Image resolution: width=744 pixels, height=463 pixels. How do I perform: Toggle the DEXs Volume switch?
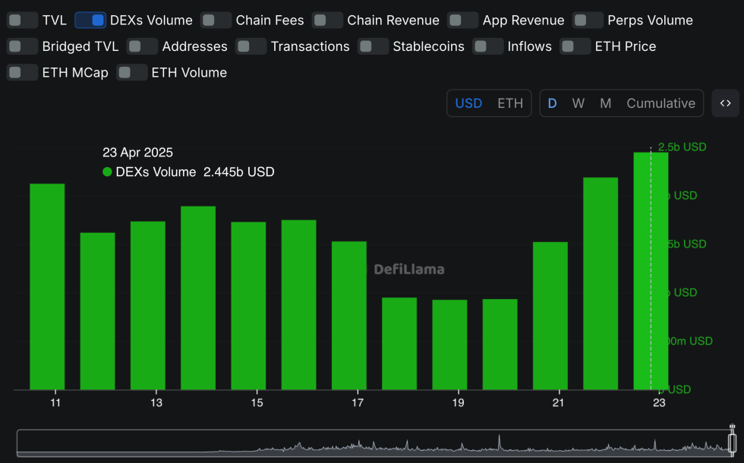(x=90, y=20)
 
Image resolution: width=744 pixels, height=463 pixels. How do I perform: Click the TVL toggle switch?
(x=23, y=20)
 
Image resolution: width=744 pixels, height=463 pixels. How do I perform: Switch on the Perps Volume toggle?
(x=588, y=20)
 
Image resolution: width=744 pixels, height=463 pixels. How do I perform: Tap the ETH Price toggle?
(x=575, y=46)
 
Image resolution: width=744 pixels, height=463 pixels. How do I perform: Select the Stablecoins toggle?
(x=373, y=46)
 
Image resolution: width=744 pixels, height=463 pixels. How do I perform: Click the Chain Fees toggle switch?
(x=216, y=20)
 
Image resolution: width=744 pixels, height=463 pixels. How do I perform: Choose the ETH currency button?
(x=509, y=103)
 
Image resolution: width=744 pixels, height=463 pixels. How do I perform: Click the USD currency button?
(x=468, y=103)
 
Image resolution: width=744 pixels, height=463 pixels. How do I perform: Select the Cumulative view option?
(x=660, y=103)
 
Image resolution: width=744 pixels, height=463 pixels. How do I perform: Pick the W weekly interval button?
(x=578, y=103)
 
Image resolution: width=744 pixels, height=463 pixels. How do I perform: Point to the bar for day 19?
(x=449, y=345)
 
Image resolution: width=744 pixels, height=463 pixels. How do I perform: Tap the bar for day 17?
(x=348, y=315)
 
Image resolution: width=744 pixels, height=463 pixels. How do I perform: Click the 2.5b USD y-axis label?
(x=682, y=146)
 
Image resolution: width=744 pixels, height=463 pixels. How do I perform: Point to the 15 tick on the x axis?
(x=257, y=402)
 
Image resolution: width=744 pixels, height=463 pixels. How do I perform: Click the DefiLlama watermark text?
(x=409, y=269)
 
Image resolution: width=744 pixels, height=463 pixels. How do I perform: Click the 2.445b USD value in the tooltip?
(x=238, y=172)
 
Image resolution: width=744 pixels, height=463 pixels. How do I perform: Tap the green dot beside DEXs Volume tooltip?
(x=107, y=172)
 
